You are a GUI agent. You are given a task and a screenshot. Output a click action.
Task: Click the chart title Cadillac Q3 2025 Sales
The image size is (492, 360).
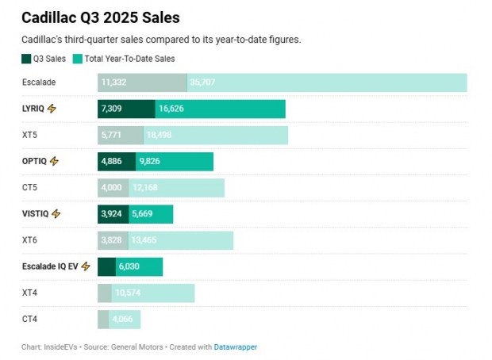tap(100, 17)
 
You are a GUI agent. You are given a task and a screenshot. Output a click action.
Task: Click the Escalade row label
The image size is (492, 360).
tap(39, 82)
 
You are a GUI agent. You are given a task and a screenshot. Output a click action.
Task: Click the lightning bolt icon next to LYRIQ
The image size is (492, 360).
tap(52, 109)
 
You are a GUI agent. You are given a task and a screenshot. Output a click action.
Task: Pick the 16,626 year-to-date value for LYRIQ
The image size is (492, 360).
tap(172, 109)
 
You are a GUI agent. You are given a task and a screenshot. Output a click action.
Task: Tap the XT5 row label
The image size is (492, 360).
tap(30, 135)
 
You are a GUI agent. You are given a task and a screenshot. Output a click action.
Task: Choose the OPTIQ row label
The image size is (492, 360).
tap(35, 161)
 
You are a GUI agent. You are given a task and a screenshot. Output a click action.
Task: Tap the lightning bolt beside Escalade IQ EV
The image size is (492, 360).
tap(85, 266)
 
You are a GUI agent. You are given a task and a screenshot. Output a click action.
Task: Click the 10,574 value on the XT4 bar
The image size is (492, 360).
tap(129, 293)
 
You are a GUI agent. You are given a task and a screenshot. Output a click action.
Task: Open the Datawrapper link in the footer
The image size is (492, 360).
tap(236, 347)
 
